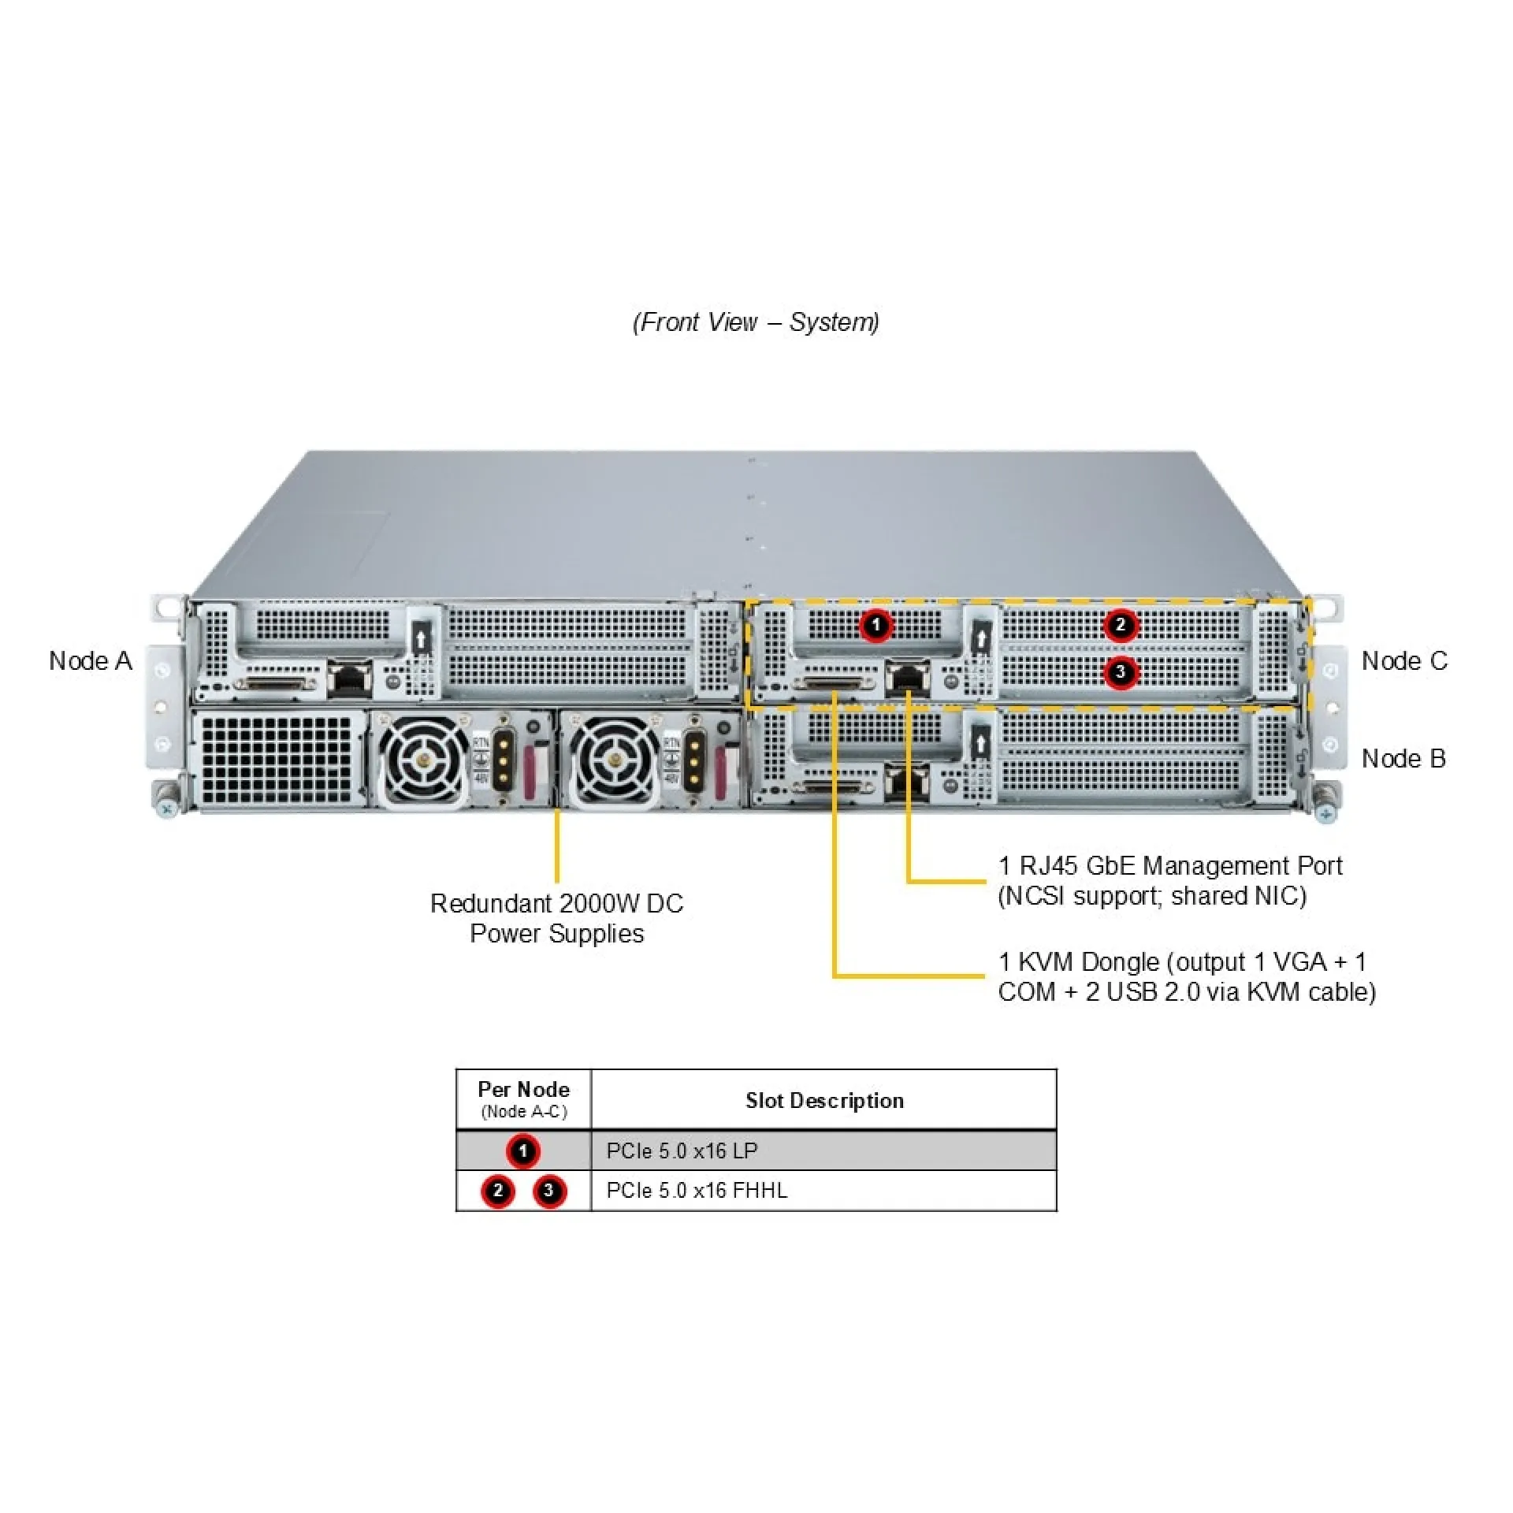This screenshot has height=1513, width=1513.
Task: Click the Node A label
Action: coord(90,661)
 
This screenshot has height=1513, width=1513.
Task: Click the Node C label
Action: coord(1404,661)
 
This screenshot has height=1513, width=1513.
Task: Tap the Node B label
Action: coord(1403,759)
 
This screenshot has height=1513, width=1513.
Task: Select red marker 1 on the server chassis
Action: coord(875,626)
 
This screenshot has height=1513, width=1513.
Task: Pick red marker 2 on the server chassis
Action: coord(1120,626)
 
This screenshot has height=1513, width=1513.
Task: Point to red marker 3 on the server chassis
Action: coord(1120,673)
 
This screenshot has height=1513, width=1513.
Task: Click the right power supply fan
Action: coord(615,760)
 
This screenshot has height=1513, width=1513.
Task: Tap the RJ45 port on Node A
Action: coord(349,678)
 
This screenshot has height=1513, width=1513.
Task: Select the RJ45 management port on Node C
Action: coord(908,678)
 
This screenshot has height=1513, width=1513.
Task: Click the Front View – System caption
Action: coord(756,322)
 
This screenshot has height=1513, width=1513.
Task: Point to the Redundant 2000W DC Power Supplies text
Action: coord(557,918)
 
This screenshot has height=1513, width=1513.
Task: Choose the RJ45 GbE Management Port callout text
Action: coord(1169,881)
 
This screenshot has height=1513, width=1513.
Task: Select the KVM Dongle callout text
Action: coord(1186,977)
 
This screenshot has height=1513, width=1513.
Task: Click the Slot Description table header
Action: coord(824,1101)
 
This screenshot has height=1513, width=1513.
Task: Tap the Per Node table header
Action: coord(523,1099)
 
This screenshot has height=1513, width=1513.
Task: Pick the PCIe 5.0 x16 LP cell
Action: coord(682,1151)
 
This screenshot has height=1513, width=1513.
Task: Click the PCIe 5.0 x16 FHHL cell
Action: coord(697,1191)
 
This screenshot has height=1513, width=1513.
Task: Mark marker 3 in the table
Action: coord(548,1191)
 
